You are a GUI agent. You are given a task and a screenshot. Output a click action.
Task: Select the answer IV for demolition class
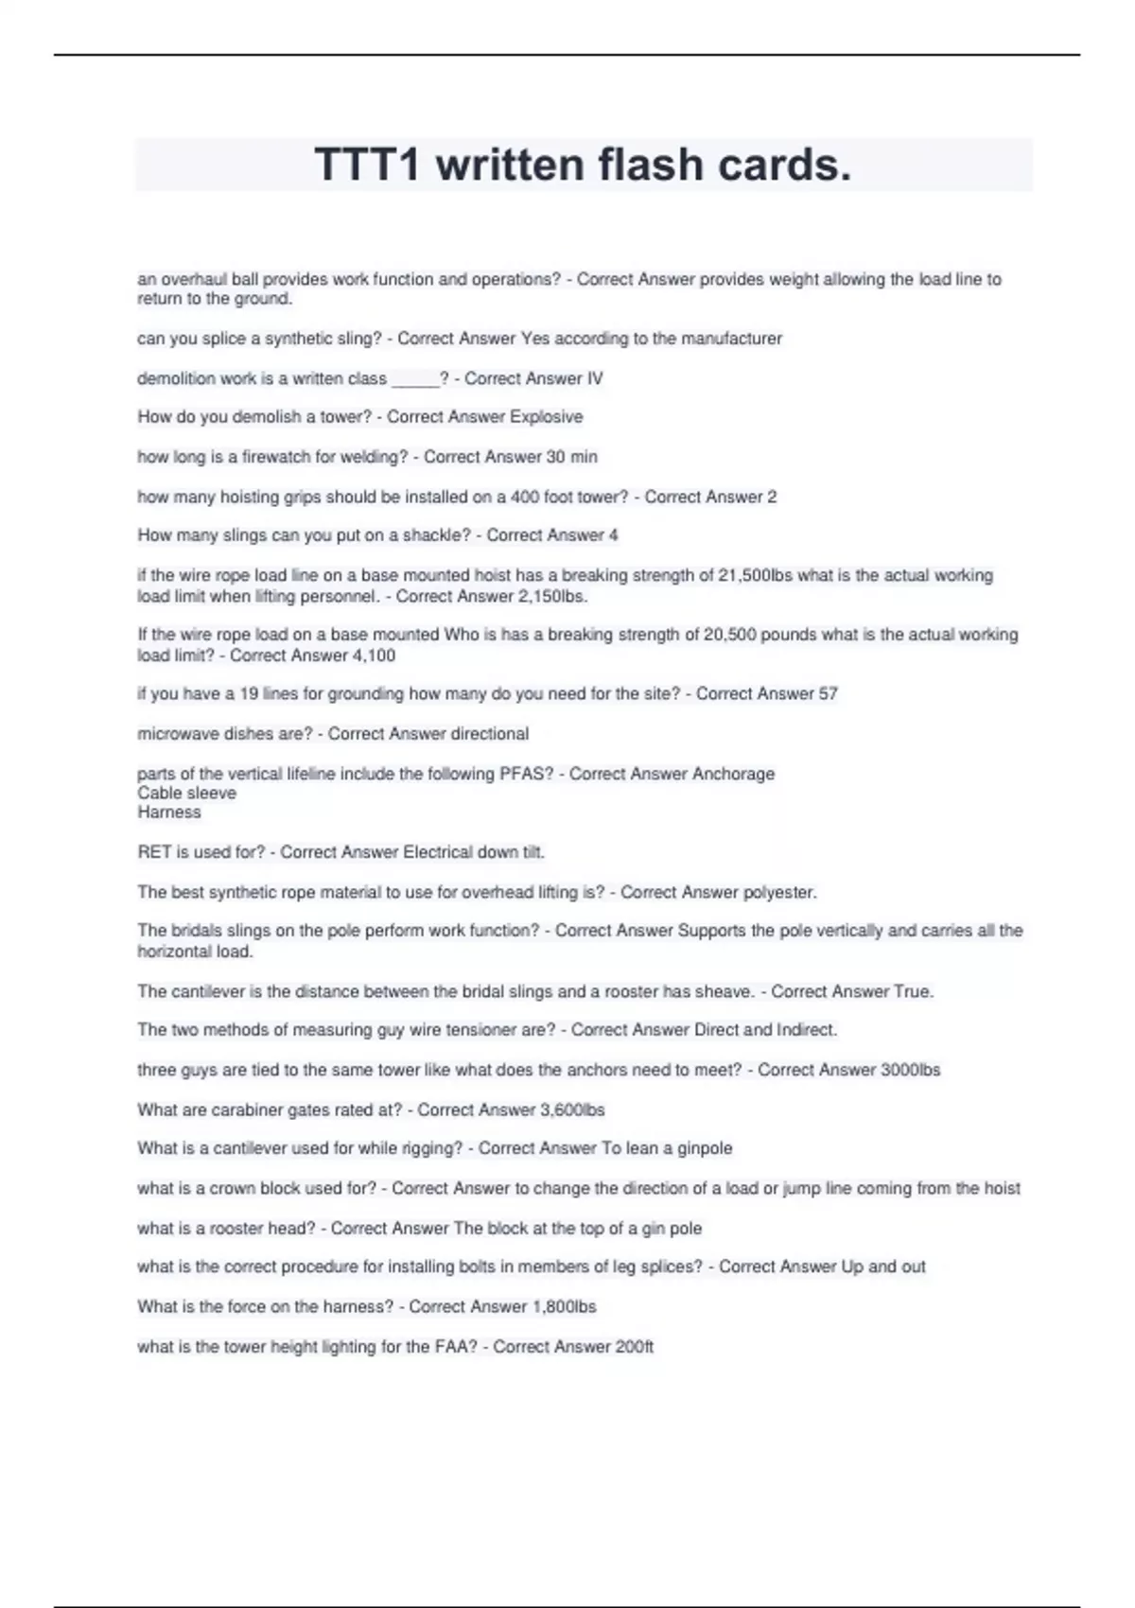pos(594,378)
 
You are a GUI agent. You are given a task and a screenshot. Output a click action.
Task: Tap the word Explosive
pos(547,417)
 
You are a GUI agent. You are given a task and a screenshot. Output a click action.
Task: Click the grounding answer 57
pos(828,694)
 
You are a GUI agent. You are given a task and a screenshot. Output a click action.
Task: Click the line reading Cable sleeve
pos(187,793)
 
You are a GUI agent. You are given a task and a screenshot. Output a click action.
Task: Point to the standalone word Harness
pos(169,813)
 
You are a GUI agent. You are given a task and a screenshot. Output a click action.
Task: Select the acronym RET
pos(153,852)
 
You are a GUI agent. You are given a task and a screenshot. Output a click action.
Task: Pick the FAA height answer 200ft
pos(634,1347)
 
